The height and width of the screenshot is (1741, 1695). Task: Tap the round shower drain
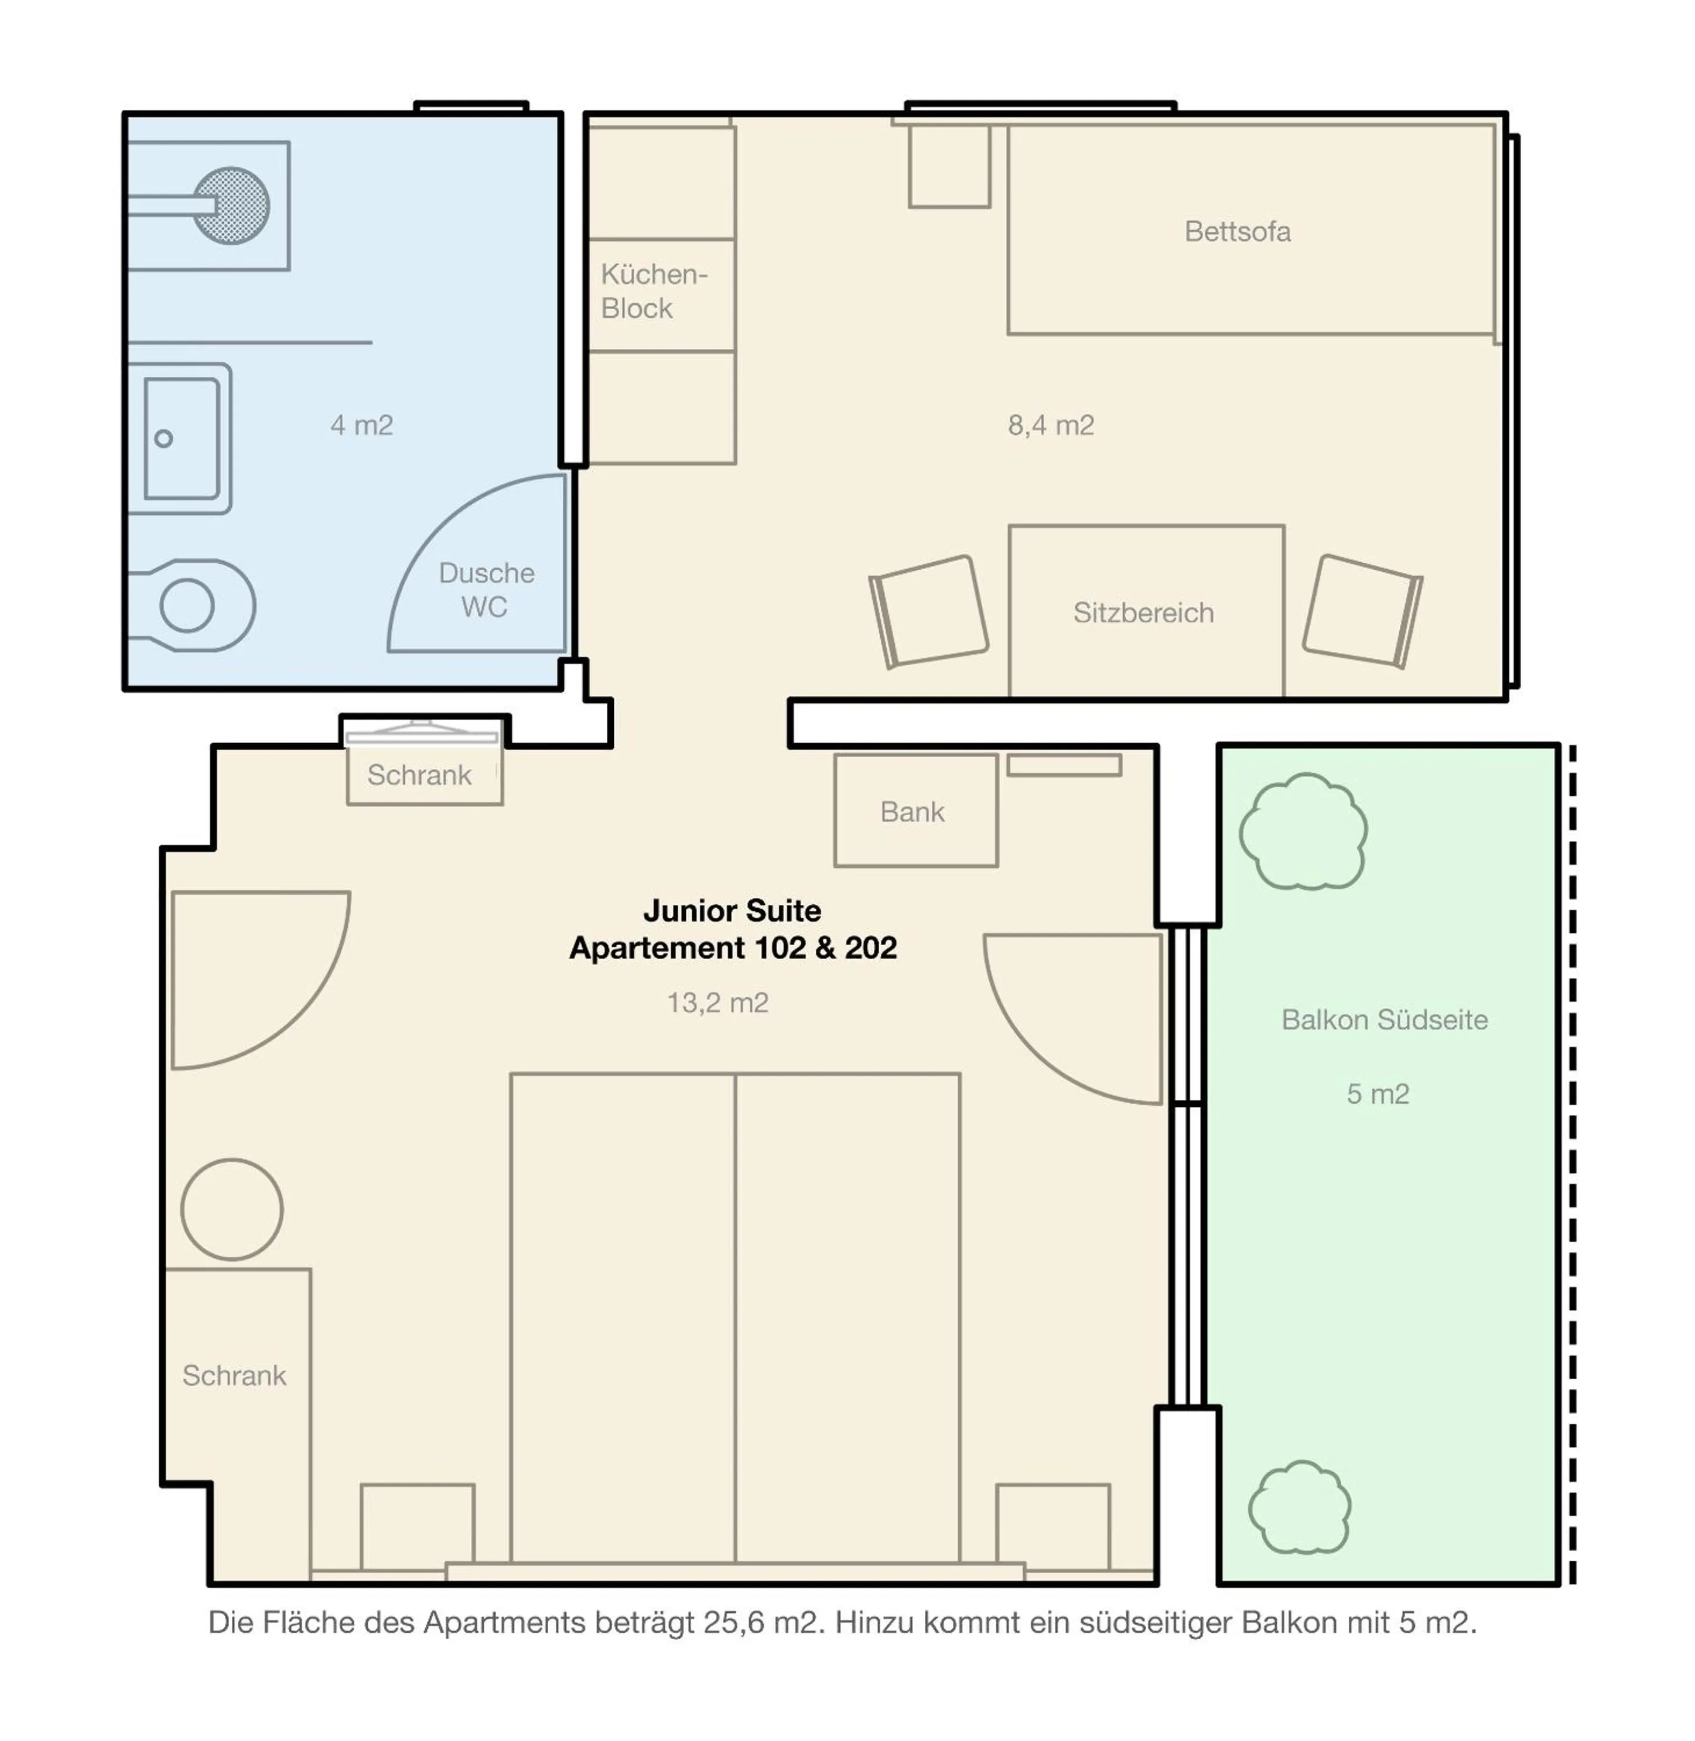[x=231, y=206]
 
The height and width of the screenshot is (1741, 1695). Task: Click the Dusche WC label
[x=486, y=589]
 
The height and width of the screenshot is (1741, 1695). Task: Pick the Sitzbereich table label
[x=1143, y=613]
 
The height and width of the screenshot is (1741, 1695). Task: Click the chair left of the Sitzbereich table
[x=930, y=611]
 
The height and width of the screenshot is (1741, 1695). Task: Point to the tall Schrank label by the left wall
[x=234, y=1375]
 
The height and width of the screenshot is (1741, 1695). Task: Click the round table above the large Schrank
[x=233, y=1209]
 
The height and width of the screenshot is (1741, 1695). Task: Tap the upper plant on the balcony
[x=1303, y=832]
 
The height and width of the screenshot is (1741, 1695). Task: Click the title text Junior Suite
[x=732, y=911]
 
